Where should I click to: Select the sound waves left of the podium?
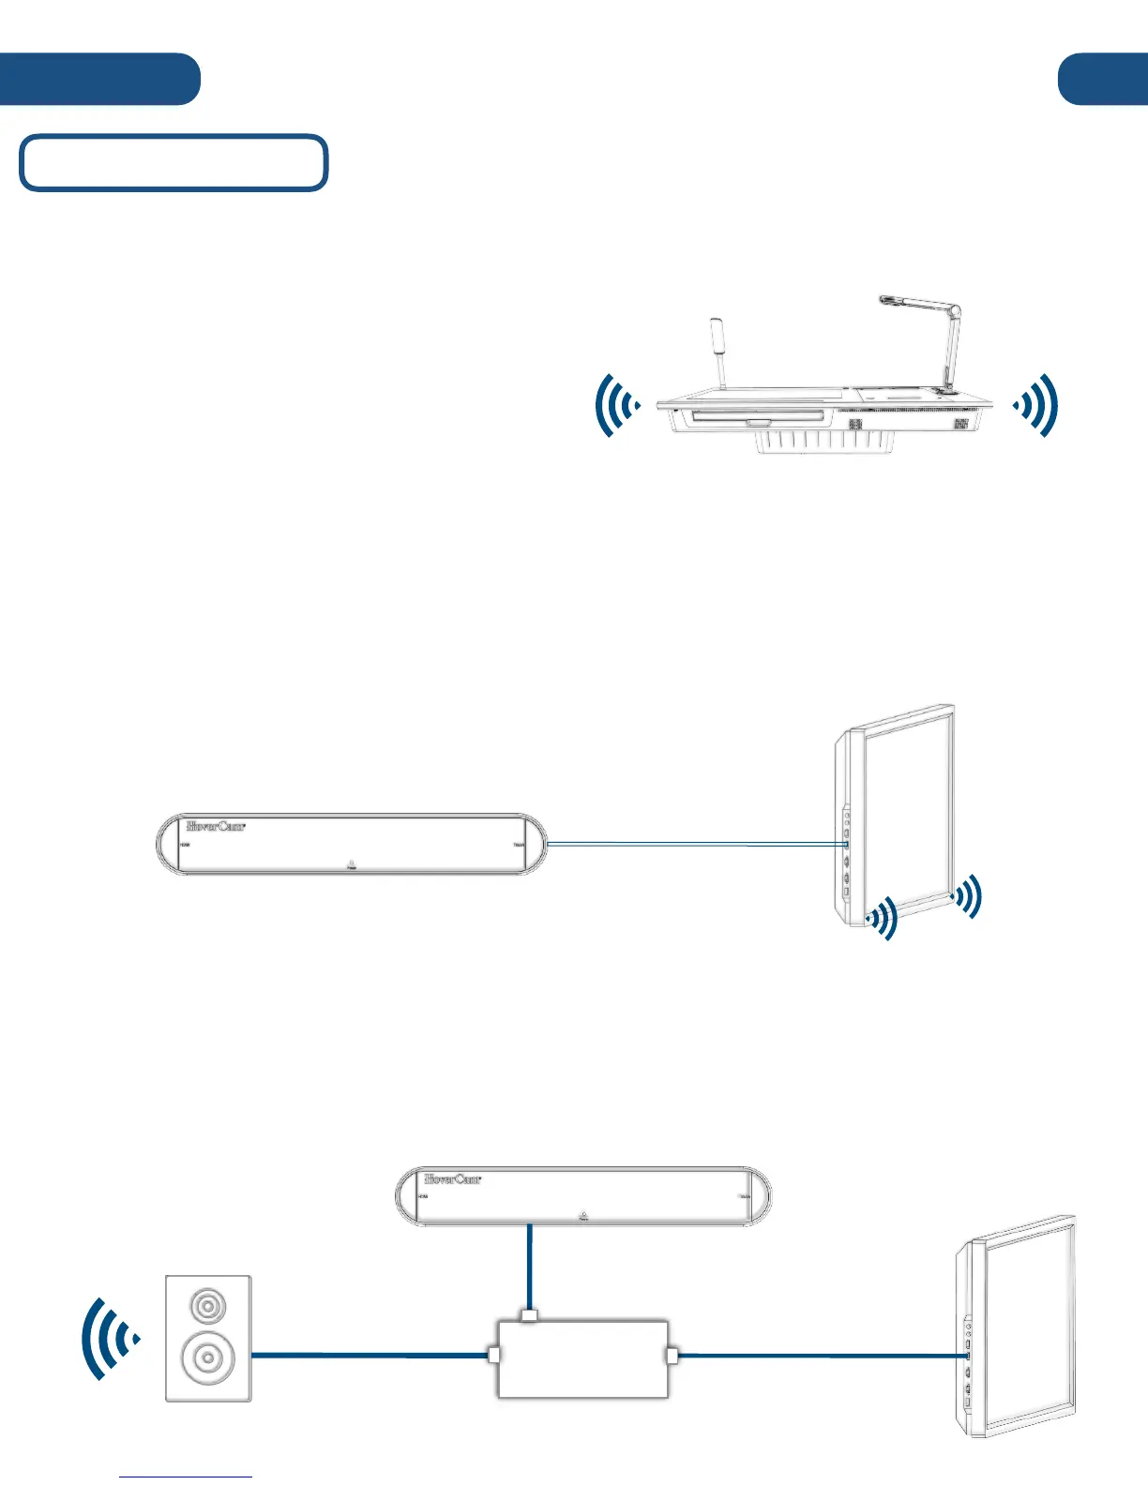[616, 406]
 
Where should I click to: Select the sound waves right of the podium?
[1037, 405]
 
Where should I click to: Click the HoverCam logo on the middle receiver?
[216, 826]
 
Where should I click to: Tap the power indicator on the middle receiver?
[351, 863]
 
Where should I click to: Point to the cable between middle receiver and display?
[694, 844]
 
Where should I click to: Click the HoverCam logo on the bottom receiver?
[453, 1178]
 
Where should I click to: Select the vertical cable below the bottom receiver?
[531, 1267]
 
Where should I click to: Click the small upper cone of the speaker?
[206, 1306]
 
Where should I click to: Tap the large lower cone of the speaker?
[207, 1357]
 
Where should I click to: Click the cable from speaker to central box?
[370, 1355]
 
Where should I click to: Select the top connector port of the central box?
[530, 1316]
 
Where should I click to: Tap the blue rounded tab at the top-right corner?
[1103, 80]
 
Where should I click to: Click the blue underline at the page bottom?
[186, 1477]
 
